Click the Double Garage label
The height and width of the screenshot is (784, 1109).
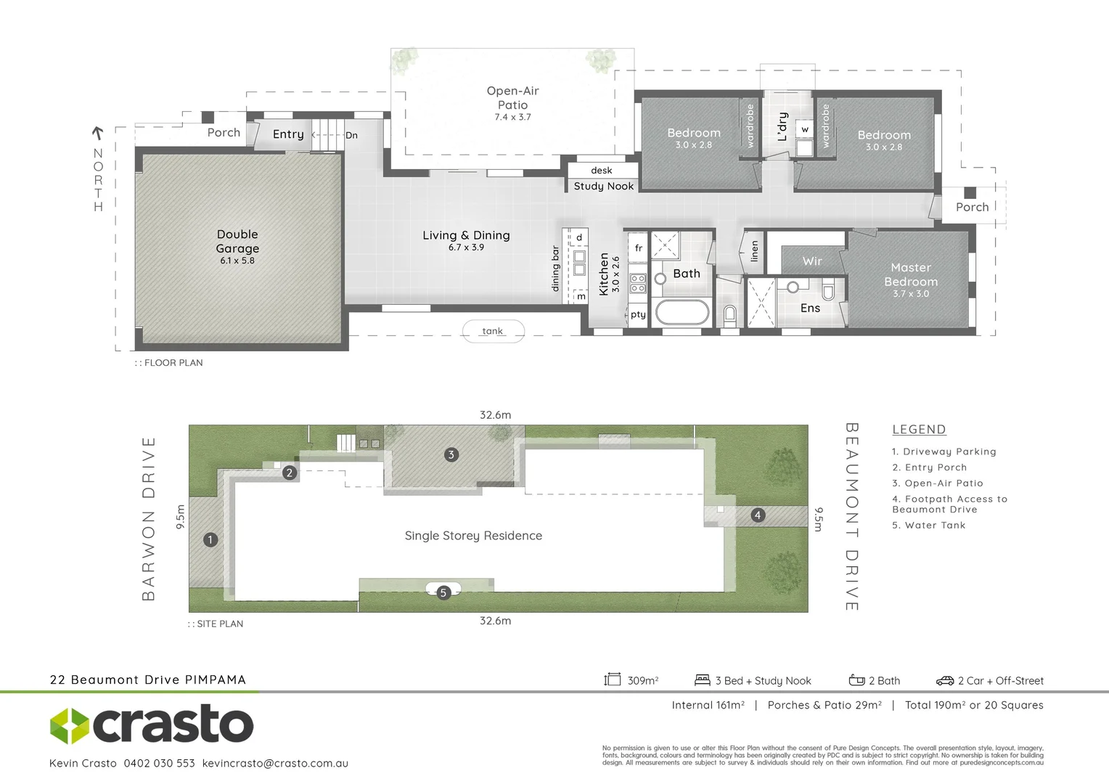[x=237, y=242]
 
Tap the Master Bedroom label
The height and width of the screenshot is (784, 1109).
[x=911, y=275]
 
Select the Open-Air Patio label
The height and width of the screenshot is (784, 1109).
[x=512, y=98]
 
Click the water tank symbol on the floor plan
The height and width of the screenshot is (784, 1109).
[x=493, y=331]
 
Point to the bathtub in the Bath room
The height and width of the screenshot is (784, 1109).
[x=682, y=314]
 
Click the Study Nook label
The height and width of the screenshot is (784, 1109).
[x=603, y=187]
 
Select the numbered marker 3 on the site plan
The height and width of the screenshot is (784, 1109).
[x=451, y=455]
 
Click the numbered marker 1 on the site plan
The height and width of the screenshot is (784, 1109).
[x=210, y=539]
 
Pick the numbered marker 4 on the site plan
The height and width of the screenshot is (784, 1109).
[x=758, y=515]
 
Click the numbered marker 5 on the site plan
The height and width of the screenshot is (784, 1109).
[x=443, y=592]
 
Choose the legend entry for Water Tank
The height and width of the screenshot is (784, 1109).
[x=929, y=526]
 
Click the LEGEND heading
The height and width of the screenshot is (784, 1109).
[x=919, y=430]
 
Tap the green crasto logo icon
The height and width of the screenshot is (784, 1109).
[x=69, y=725]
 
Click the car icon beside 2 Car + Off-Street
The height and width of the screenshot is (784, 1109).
[x=944, y=681]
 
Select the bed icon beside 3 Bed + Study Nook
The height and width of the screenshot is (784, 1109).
[x=702, y=680]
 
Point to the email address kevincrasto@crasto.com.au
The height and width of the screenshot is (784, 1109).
[x=275, y=764]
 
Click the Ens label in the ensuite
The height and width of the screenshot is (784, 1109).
[x=810, y=309]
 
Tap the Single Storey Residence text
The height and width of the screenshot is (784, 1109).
[x=473, y=536]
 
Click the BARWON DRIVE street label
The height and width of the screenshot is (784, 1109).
[x=149, y=518]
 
